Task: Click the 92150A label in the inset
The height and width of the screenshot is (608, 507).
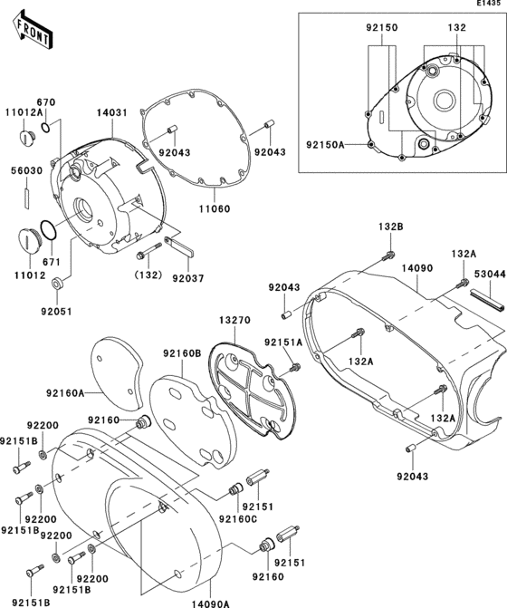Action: pyautogui.click(x=326, y=143)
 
